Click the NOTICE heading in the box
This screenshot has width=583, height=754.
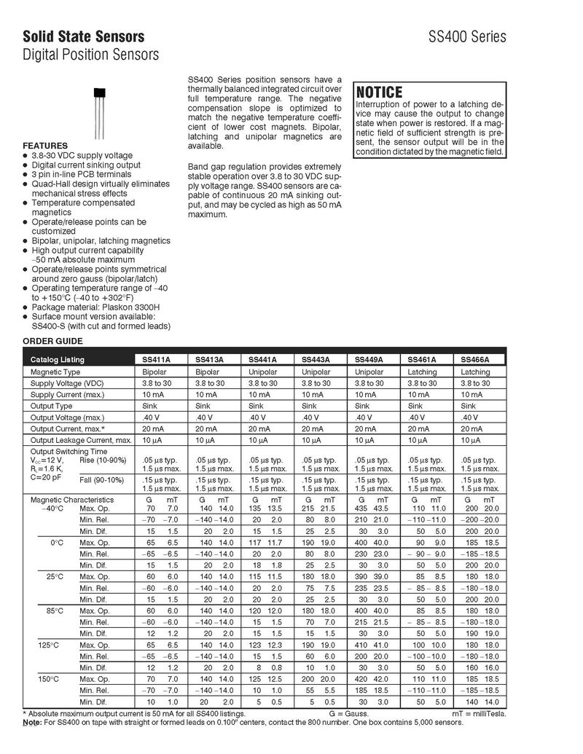(379, 93)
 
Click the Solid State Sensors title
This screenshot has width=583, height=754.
(83, 36)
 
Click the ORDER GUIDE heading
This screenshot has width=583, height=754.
(52, 341)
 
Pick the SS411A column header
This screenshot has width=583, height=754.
(157, 360)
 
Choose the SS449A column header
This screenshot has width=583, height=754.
(369, 360)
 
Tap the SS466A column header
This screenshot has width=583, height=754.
(475, 360)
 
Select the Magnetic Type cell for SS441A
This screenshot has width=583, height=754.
(262, 372)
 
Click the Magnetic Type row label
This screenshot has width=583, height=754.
(55, 372)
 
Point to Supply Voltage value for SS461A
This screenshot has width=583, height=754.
(422, 383)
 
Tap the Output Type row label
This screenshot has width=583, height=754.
(51, 406)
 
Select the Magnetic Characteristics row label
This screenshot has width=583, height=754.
(71, 500)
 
